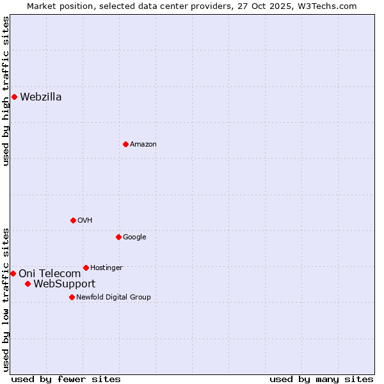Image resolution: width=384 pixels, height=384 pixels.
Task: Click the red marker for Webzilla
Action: coord(14,97)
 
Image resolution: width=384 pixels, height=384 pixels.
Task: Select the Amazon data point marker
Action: coord(125,144)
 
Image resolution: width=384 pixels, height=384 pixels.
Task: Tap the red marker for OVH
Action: coord(73,220)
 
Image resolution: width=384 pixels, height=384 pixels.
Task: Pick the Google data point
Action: coord(118,237)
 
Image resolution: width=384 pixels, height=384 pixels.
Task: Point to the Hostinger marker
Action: coord(86,268)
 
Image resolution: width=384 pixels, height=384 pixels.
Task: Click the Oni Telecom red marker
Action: coord(13,273)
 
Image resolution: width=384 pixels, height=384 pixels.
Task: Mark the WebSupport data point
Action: coord(28,284)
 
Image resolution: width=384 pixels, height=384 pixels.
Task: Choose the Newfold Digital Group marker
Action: coord(72,297)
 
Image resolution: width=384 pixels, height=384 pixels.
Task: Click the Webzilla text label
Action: coord(41,97)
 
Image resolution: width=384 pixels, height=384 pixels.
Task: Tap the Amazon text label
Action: coord(143,145)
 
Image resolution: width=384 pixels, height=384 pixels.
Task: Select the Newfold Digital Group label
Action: coord(113,297)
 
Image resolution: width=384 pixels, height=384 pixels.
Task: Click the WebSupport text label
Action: coord(64,284)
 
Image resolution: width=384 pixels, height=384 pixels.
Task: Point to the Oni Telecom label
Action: coord(50,274)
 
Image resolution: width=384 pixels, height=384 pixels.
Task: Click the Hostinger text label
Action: coord(106,268)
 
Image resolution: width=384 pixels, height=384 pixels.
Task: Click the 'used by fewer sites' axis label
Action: coord(66,379)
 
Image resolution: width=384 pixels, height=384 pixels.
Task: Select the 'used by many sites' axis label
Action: coord(321,379)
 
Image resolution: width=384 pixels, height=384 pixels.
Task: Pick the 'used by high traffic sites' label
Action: coord(6,91)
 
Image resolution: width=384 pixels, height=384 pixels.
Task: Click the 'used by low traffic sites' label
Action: coord(6,300)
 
